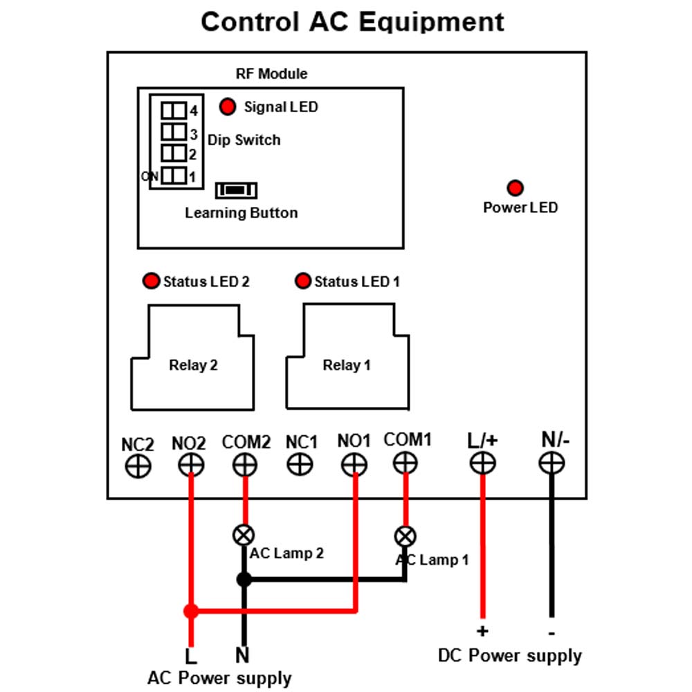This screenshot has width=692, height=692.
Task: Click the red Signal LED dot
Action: pyautogui.click(x=228, y=107)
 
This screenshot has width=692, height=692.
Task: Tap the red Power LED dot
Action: pyautogui.click(x=515, y=188)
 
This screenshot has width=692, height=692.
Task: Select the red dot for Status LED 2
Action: pyautogui.click(x=151, y=281)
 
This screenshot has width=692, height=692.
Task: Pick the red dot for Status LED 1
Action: pyautogui.click(x=303, y=281)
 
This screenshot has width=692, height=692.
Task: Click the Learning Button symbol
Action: pyautogui.click(x=236, y=190)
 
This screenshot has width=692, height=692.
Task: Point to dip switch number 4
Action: pyautogui.click(x=174, y=110)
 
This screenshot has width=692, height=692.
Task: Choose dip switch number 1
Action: pyautogui.click(x=174, y=176)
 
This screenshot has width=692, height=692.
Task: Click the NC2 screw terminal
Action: pyautogui.click(x=138, y=466)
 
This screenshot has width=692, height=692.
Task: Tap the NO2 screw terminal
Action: pyautogui.click(x=191, y=465)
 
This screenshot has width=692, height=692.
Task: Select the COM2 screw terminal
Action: pyautogui.click(x=245, y=465)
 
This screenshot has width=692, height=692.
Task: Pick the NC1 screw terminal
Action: pyautogui.click(x=300, y=464)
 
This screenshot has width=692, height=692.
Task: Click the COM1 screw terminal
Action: pyautogui.click(x=405, y=463)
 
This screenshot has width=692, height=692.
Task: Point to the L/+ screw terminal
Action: pyautogui.click(x=482, y=463)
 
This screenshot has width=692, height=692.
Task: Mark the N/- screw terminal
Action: pyautogui.click(x=552, y=463)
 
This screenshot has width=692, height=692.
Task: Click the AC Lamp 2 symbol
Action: pyautogui.click(x=244, y=536)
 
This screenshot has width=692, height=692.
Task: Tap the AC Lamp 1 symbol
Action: pyautogui.click(x=405, y=537)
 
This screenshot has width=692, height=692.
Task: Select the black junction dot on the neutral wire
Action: pyautogui.click(x=244, y=579)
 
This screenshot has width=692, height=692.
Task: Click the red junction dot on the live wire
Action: pyautogui.click(x=191, y=611)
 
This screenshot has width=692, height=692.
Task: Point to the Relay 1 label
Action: pyautogui.click(x=347, y=365)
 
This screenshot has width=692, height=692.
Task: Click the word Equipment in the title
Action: pyautogui.click(x=430, y=23)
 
